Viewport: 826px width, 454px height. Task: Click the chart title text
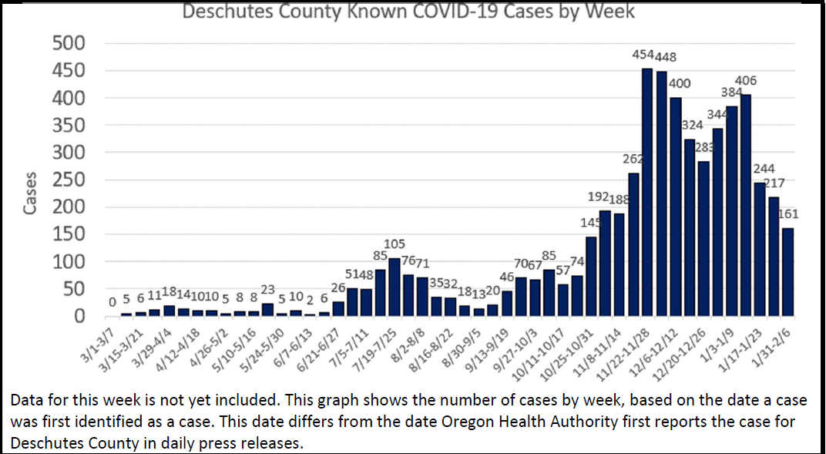point(408,12)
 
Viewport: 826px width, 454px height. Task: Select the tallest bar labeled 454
point(647,193)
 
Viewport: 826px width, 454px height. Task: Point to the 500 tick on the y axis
point(68,43)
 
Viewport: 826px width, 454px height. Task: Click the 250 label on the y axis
point(68,180)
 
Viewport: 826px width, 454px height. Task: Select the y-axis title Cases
point(30,193)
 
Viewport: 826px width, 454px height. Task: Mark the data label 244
point(764,169)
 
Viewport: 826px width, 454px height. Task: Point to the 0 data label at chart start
point(112,304)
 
